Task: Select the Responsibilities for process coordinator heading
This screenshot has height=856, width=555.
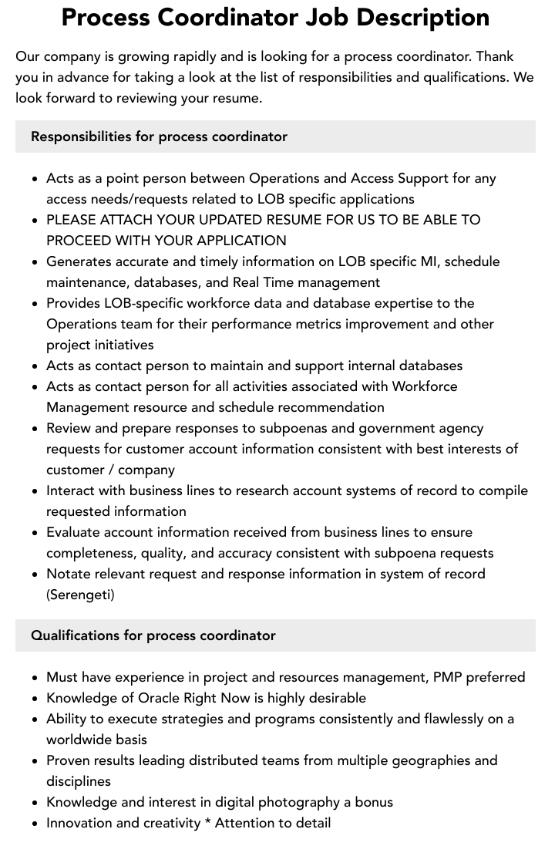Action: point(159,136)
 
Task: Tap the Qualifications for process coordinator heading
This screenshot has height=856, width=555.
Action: point(153,635)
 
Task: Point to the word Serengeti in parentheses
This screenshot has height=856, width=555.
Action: point(80,595)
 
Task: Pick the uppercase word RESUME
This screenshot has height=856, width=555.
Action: point(260,220)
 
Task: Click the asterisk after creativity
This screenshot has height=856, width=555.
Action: point(208,823)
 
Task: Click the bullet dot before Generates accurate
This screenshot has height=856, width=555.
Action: point(35,262)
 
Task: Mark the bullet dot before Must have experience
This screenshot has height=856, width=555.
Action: point(35,678)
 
